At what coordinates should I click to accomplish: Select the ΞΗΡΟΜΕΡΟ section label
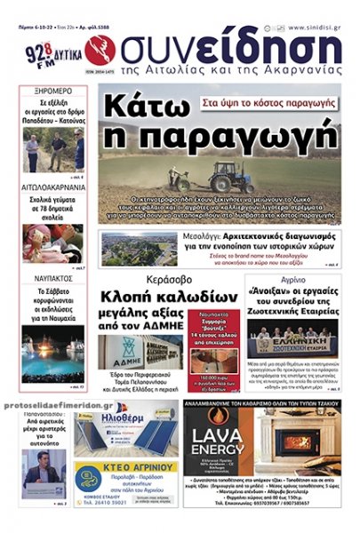53,91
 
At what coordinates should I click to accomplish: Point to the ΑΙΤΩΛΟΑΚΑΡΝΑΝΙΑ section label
53,188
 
